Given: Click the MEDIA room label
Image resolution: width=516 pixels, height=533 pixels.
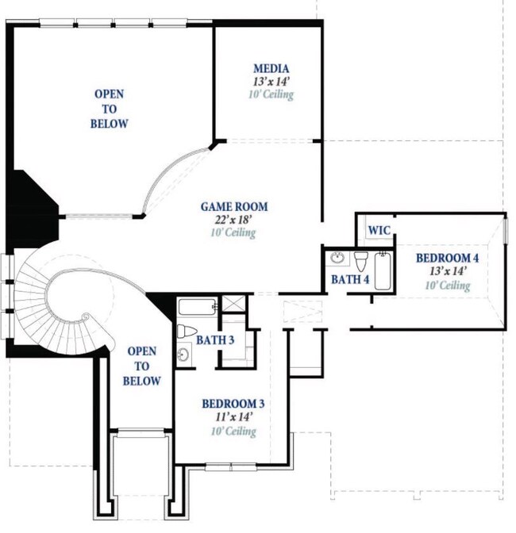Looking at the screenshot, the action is click(x=271, y=69).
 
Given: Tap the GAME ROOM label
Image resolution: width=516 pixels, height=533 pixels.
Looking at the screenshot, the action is click(x=234, y=207).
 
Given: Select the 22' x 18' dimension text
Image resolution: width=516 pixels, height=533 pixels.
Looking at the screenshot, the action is click(x=233, y=220).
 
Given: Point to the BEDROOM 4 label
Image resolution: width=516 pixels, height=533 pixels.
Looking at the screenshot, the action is click(x=447, y=258).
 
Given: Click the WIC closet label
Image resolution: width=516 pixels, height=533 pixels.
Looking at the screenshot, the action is click(x=379, y=231).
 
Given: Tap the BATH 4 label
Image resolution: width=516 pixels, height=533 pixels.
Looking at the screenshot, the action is click(x=350, y=279).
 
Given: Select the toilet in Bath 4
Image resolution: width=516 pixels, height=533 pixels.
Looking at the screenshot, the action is click(x=361, y=261).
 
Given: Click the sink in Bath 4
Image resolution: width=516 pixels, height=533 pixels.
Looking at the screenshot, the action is click(x=337, y=259).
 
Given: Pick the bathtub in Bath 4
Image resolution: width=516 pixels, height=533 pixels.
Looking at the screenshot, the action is click(x=383, y=271).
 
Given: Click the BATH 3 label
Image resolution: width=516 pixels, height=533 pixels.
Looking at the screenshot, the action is click(x=215, y=340).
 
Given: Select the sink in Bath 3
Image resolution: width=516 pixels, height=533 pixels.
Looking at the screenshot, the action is click(x=183, y=355).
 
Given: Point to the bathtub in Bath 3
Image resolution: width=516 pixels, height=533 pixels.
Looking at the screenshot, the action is click(x=198, y=307).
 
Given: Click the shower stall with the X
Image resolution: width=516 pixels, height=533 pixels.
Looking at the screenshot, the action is click(x=233, y=304).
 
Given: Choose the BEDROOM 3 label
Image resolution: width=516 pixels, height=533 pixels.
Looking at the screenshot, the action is click(x=233, y=404).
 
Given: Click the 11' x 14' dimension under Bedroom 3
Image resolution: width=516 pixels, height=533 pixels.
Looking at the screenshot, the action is click(x=233, y=416).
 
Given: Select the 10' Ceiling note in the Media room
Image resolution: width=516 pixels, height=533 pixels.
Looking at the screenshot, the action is click(x=271, y=94).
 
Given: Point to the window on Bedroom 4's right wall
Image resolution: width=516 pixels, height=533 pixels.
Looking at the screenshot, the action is click(x=505, y=231).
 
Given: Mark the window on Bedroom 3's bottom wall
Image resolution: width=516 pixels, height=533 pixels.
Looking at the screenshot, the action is click(x=230, y=467).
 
